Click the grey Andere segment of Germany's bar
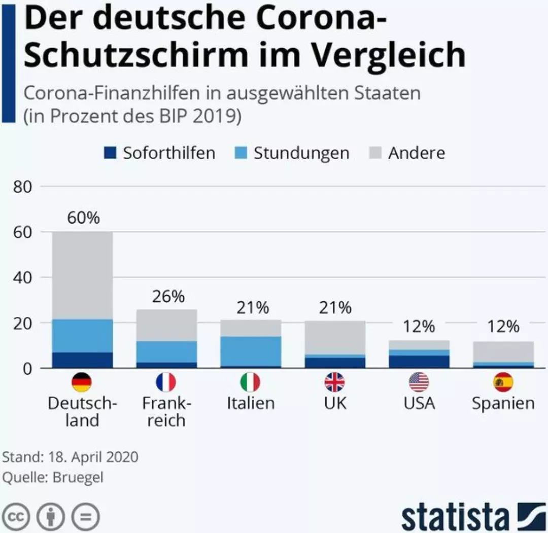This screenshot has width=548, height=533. point(82,275)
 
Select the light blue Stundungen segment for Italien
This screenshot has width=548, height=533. point(251,351)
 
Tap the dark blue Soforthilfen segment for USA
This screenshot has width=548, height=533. point(419,361)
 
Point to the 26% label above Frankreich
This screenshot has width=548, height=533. point(168,297)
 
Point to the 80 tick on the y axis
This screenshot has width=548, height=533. point(23,187)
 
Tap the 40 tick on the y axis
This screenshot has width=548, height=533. point(23,278)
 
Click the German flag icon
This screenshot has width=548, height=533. point(82,382)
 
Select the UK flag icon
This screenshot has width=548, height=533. point(334,382)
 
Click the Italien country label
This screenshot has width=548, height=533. point(251,403)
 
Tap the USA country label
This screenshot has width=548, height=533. point(419,403)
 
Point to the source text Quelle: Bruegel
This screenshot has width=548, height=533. point(53,478)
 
